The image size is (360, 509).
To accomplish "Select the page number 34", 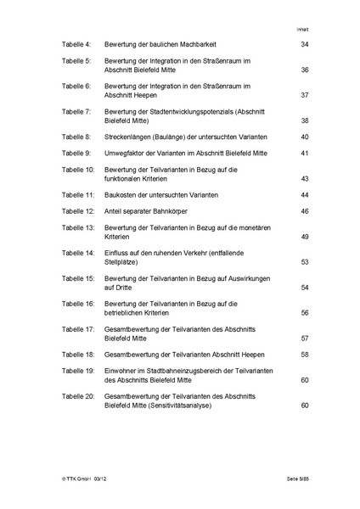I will click(x=305, y=43).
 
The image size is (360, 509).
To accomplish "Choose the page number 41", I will click(x=305, y=153).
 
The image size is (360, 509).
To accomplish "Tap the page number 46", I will click(x=305, y=210).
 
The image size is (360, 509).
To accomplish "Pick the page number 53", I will click(x=305, y=262).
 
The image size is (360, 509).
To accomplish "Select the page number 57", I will click(x=305, y=337).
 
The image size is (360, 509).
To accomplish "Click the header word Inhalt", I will click(x=302, y=28).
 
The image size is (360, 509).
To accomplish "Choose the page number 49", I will click(x=305, y=237).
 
